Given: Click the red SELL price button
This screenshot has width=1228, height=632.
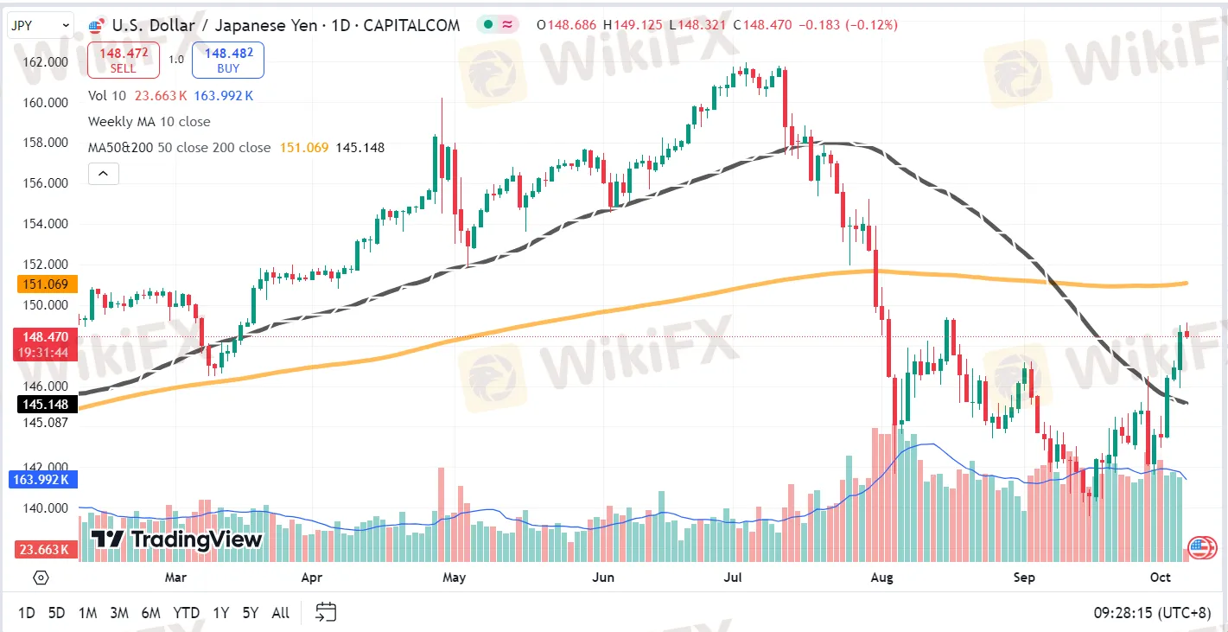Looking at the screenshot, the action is pos(124,60).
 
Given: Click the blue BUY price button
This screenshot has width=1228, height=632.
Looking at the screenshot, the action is pos(228,60).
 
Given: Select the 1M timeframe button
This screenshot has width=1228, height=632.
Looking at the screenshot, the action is pos(88,612).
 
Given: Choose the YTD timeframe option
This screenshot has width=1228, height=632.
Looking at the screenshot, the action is pos(187,612).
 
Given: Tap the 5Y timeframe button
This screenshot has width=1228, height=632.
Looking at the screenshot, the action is pos(250,612).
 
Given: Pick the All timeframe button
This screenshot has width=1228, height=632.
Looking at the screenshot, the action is pos(281,612).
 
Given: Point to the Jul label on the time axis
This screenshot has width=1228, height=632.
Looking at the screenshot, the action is pos(733,578).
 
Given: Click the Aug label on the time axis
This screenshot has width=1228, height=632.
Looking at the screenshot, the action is pos(881,578).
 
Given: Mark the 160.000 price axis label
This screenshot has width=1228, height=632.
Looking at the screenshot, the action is pos(46,103).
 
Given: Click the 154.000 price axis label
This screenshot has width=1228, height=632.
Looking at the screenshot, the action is pos(46,224).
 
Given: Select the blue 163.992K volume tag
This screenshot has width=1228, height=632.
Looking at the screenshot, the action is pos(42,480).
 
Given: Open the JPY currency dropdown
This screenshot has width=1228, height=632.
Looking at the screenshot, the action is pos(40,25).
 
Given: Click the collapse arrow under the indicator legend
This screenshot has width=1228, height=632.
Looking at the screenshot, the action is pos(103,174).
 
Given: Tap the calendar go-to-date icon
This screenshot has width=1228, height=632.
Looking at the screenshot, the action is pos(326,612).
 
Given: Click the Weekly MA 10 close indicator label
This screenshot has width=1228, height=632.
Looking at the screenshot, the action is pos(150,122).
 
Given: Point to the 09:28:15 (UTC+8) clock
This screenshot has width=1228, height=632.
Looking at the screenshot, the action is pos(1152,612).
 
